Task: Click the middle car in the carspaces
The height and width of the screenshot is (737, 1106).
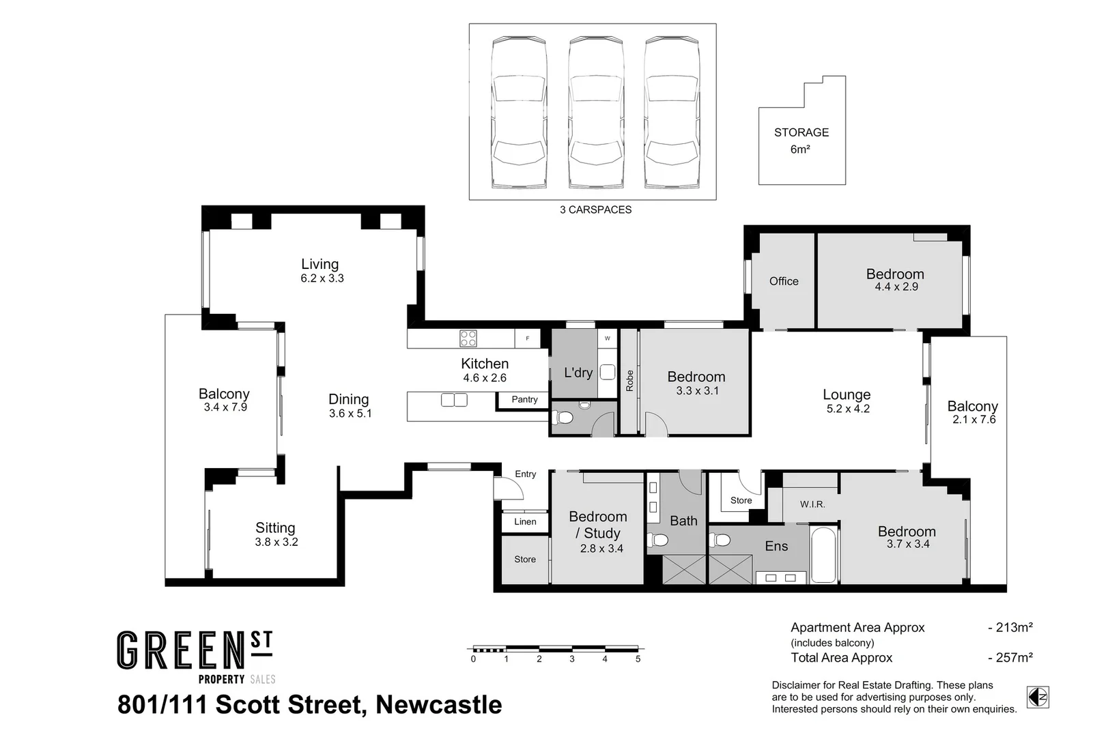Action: click(595, 113)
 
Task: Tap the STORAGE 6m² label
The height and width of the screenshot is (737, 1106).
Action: click(801, 140)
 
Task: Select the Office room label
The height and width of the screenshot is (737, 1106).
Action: click(783, 281)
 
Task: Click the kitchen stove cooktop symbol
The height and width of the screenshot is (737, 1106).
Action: click(468, 338)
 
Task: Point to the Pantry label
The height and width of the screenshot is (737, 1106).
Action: click(524, 400)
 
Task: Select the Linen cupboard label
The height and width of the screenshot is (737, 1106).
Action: click(525, 522)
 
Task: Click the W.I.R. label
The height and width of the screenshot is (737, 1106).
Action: click(812, 504)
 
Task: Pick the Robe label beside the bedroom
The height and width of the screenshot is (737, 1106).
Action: click(629, 381)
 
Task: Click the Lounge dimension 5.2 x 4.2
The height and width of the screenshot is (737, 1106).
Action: click(847, 409)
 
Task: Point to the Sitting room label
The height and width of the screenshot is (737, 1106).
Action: click(275, 528)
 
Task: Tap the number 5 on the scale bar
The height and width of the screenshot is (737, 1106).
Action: click(638, 659)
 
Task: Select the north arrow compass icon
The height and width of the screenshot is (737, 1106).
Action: click(1038, 697)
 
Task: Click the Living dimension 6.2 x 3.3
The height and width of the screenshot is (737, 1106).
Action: click(322, 278)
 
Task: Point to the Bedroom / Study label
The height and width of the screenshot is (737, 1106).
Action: click(597, 525)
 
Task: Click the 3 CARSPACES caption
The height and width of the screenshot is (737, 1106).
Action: click(595, 210)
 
